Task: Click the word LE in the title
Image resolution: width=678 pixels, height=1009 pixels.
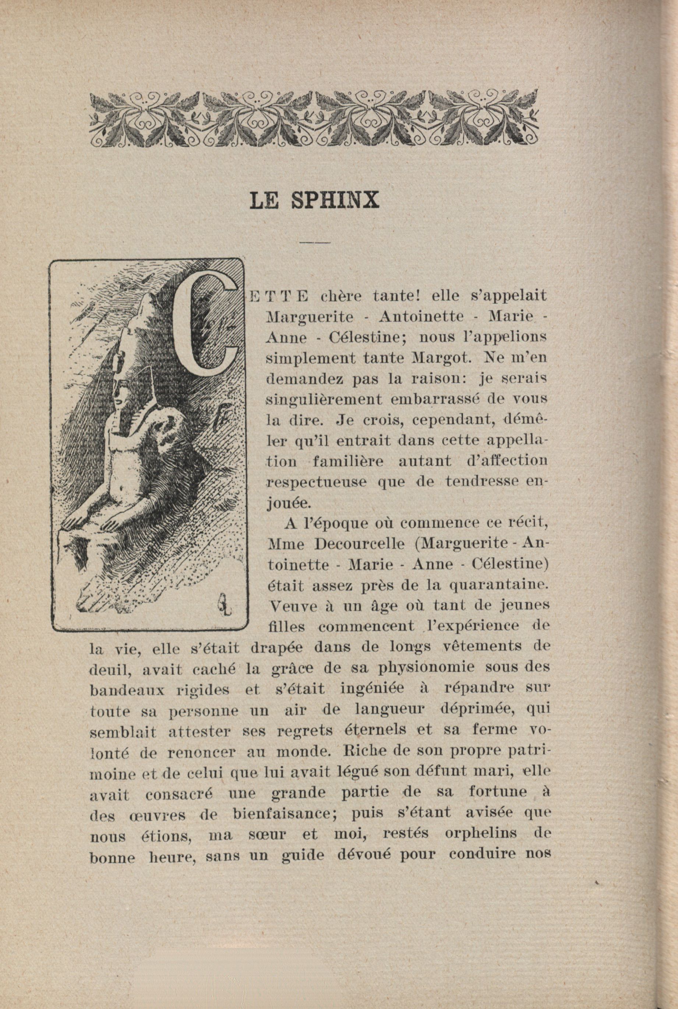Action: [x=264, y=200]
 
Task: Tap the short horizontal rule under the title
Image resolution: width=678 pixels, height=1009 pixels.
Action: [x=314, y=242]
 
